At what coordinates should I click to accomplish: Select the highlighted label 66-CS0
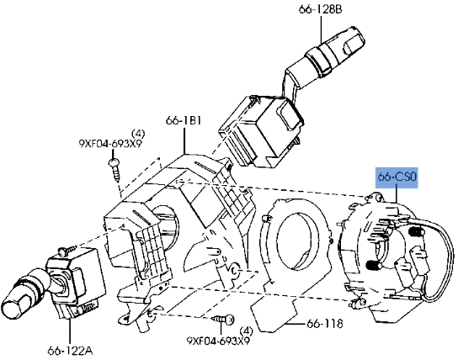click(x=396, y=177)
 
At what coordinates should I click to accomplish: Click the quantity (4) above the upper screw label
click(x=139, y=131)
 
